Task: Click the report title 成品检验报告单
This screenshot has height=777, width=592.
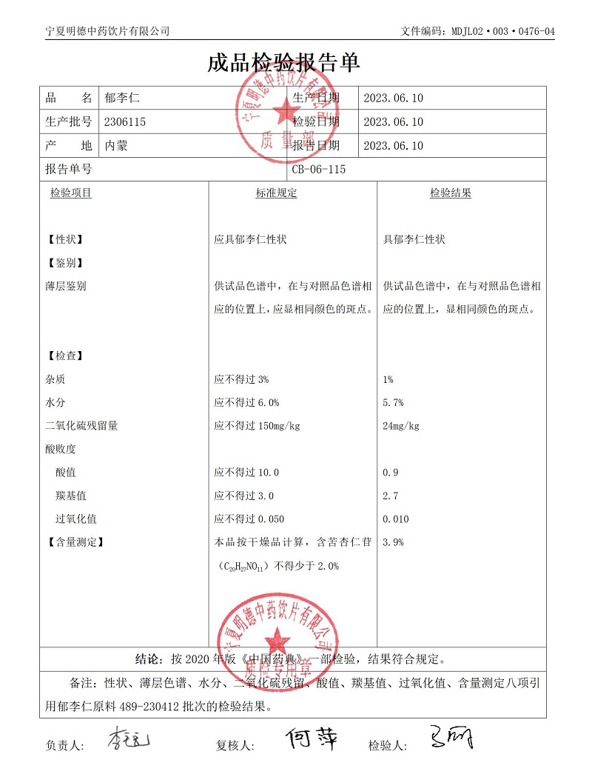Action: tap(284, 63)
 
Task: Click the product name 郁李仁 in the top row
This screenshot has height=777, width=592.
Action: tap(118, 98)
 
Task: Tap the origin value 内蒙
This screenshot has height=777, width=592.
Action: tap(116, 146)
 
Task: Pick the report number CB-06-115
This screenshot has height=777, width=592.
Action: tap(318, 170)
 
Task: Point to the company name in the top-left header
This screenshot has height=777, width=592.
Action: tap(107, 31)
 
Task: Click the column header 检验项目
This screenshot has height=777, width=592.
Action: tap(70, 193)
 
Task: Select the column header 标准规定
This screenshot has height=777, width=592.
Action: tap(276, 193)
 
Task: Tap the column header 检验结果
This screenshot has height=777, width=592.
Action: tap(451, 193)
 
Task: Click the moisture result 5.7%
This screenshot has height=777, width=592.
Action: tap(393, 403)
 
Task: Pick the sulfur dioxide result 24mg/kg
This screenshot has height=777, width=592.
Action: tap(401, 426)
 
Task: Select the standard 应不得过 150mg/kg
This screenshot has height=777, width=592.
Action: tap(257, 426)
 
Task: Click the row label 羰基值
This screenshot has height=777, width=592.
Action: tap(71, 496)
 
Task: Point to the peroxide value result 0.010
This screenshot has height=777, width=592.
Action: tap(396, 519)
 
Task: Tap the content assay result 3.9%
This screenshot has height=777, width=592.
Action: tap(393, 542)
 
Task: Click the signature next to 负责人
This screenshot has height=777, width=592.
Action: tap(128, 739)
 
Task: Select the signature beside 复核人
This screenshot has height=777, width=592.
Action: tap(310, 738)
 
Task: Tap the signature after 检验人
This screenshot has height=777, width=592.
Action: tap(451, 737)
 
